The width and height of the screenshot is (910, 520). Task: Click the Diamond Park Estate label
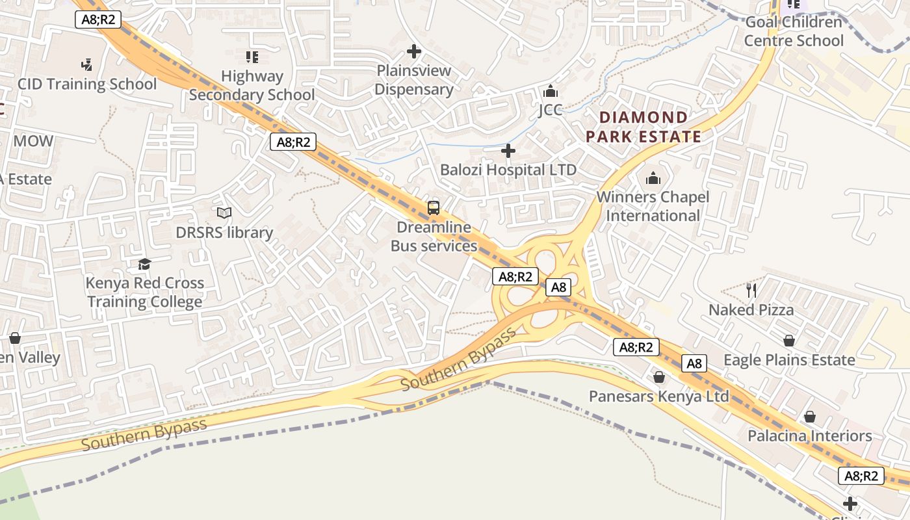[643, 127]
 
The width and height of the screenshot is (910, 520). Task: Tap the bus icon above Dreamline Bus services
[433, 208]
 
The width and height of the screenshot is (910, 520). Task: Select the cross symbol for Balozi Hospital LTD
[508, 151]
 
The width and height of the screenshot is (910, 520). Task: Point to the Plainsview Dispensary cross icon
[413, 51]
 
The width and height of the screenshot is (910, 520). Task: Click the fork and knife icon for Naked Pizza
[751, 290]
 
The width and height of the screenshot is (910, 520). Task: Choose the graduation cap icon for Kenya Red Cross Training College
[144, 264]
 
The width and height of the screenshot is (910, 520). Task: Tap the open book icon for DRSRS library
[224, 213]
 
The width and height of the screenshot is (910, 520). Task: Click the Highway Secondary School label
[252, 85]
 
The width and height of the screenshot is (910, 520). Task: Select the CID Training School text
[87, 84]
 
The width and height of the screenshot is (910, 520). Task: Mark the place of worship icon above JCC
[550, 91]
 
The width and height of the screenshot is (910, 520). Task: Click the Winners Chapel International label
[653, 206]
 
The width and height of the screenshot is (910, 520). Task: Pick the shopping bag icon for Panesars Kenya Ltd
[659, 377]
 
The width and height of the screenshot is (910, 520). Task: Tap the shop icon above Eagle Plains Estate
[789, 341]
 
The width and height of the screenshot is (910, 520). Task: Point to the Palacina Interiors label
[809, 435]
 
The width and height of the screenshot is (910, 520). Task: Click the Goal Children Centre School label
[793, 31]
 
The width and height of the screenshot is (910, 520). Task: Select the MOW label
[33, 141]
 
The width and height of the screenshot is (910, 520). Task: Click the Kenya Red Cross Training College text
[145, 292]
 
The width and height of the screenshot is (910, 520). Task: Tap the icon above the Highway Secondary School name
[252, 57]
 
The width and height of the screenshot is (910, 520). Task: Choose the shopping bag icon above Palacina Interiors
[809, 417]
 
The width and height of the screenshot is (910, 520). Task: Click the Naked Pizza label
[751, 309]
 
